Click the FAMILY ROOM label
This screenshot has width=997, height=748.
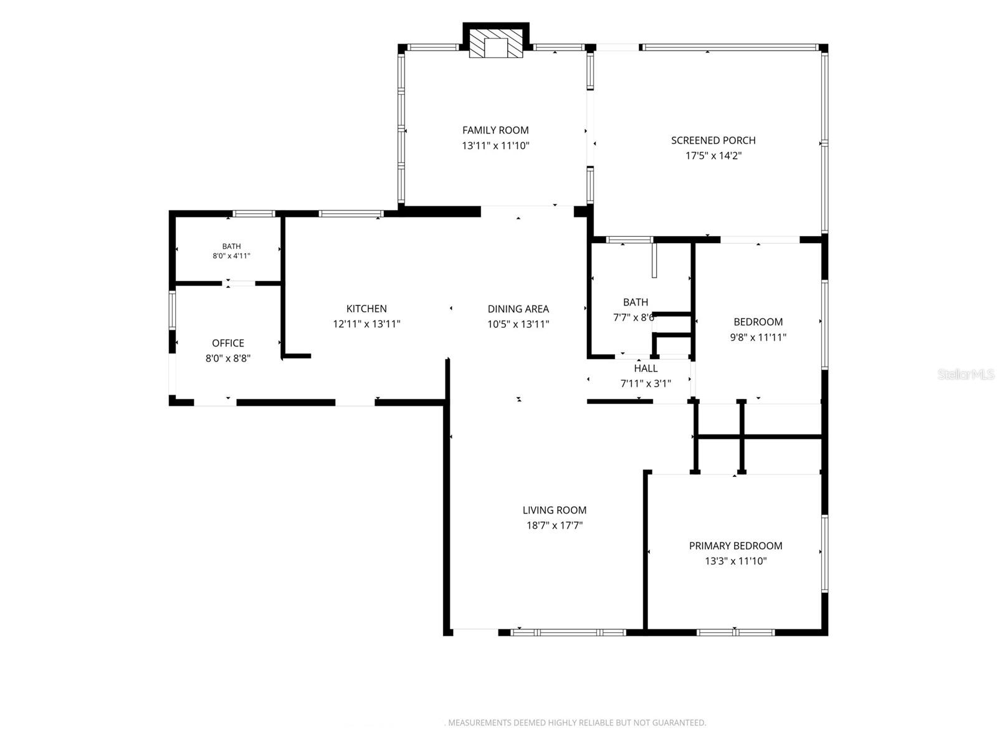495,130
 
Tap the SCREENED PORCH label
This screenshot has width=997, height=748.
713,140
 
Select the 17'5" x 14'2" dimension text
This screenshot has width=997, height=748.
713,156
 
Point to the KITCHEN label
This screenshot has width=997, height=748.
366,309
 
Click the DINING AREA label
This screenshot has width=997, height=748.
518,309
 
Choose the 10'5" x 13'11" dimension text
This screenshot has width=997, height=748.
518,324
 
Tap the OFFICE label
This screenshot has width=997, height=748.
228,343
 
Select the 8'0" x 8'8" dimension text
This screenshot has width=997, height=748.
228,358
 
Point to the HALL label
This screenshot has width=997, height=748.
646,368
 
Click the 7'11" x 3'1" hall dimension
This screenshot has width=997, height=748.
646,384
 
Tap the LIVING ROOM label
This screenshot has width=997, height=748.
554,510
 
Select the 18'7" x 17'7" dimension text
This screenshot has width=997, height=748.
554,525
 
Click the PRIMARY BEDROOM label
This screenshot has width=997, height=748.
735,545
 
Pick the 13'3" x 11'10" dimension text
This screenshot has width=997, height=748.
735,561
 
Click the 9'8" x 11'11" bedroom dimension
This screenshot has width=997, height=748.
758,337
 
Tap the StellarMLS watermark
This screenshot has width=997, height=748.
966,374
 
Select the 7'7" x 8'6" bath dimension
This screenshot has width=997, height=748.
634,317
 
